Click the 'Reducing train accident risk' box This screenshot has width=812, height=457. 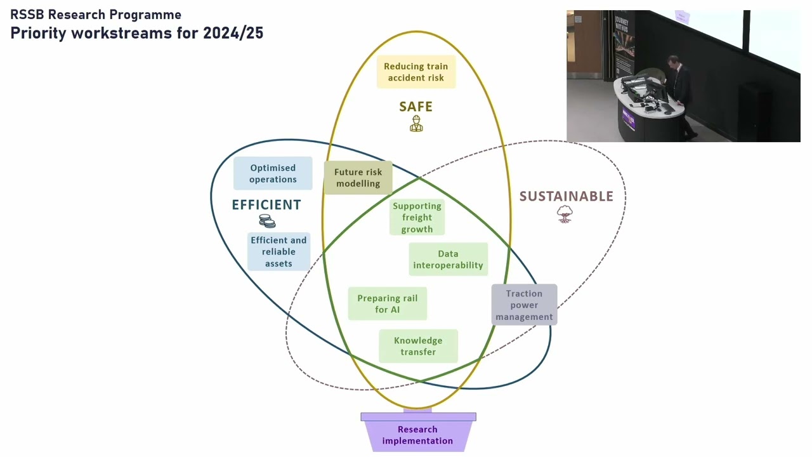coord(416,72)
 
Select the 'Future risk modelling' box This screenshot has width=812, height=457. coord(358,178)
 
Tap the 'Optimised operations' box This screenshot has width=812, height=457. coord(273,173)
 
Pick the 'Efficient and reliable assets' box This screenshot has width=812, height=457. coord(278,252)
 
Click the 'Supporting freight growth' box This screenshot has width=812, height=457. coord(417,217)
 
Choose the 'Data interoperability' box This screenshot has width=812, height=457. coord(449,260)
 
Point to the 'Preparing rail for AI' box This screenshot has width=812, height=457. coord(388,303)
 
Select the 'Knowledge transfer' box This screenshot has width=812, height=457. coord(418,346)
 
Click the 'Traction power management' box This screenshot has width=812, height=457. coord(524,305)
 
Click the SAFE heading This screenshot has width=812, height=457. coord(416,107)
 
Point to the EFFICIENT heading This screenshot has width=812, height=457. coord(266,205)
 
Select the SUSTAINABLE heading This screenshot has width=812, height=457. coord(566,196)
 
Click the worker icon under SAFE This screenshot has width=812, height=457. coord(416,123)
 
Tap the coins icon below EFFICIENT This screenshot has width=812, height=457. coord(267,221)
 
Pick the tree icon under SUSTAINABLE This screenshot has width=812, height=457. coord(565,214)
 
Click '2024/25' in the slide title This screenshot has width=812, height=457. coord(233,33)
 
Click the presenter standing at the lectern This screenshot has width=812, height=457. coord(681,96)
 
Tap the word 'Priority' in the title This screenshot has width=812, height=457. coord(38,34)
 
